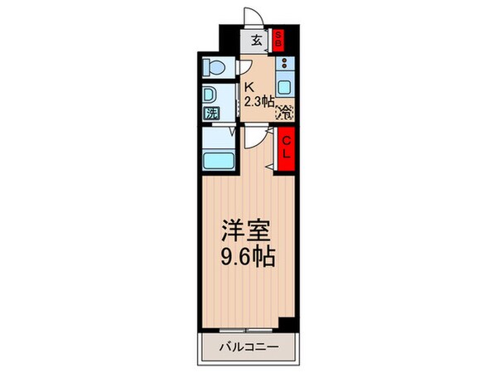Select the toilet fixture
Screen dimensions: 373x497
point(213,66)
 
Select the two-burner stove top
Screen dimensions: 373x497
point(283,63)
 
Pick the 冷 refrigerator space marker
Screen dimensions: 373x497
point(284,110)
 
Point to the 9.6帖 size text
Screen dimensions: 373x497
point(246,254)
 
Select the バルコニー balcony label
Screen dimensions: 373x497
point(248,346)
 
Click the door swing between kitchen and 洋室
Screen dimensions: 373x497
point(263,138)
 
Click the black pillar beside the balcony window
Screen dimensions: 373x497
point(287,322)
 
